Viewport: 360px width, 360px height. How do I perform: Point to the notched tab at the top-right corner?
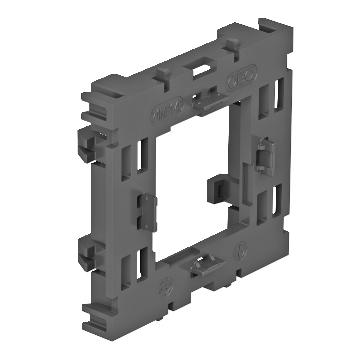point(268,28)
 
